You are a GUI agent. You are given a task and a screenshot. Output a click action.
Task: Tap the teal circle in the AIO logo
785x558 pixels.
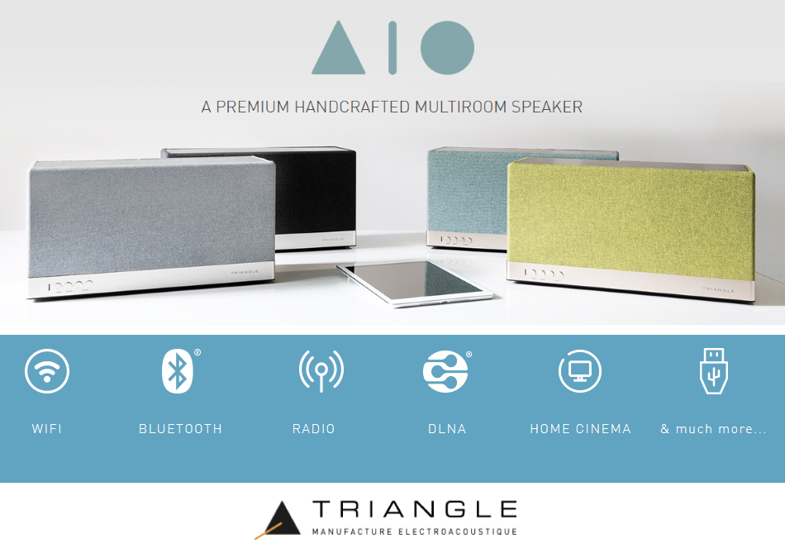coord(447,47)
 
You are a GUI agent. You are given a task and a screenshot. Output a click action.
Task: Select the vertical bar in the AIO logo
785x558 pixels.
coord(392,47)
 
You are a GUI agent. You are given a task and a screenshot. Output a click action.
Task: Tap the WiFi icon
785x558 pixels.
coord(47,371)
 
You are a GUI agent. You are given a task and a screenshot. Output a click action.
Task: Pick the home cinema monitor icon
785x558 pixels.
coord(579,371)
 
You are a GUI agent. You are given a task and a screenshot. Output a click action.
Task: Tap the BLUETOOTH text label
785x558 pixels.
coord(180,429)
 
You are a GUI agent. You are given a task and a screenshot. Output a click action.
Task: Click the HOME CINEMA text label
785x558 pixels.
coord(580,429)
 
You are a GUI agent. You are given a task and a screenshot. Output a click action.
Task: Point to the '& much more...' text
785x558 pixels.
coord(713,429)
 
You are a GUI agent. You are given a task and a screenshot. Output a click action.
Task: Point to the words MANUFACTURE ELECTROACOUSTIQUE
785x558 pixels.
coord(414,532)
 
